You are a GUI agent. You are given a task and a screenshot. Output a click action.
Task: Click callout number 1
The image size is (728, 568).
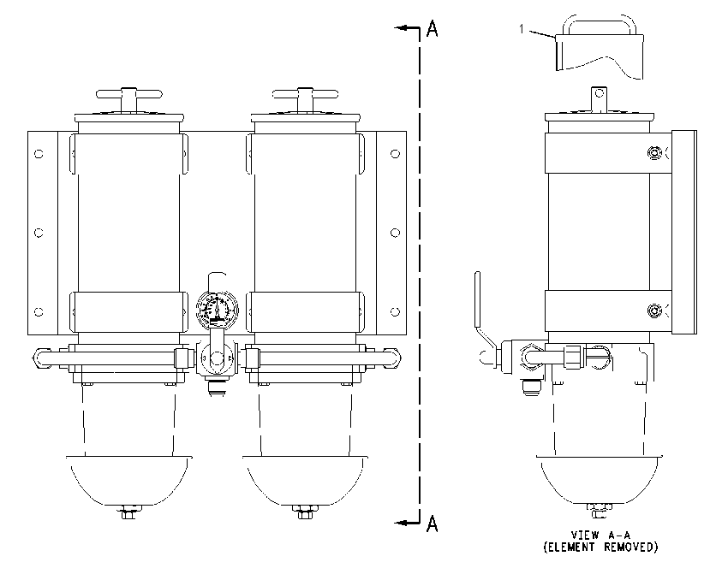(x=522, y=29)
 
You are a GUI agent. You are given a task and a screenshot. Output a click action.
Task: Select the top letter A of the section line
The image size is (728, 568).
(x=433, y=28)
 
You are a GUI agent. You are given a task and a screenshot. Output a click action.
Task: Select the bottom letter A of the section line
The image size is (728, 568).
(x=433, y=524)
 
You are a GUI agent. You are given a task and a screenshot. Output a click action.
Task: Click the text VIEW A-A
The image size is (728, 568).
(x=600, y=535)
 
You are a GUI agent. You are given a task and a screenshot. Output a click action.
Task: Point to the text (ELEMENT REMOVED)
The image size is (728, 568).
(x=600, y=547)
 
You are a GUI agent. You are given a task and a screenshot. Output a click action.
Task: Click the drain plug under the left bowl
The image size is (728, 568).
(x=128, y=512)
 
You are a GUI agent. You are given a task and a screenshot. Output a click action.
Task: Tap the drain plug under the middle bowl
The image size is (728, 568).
(x=305, y=512)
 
